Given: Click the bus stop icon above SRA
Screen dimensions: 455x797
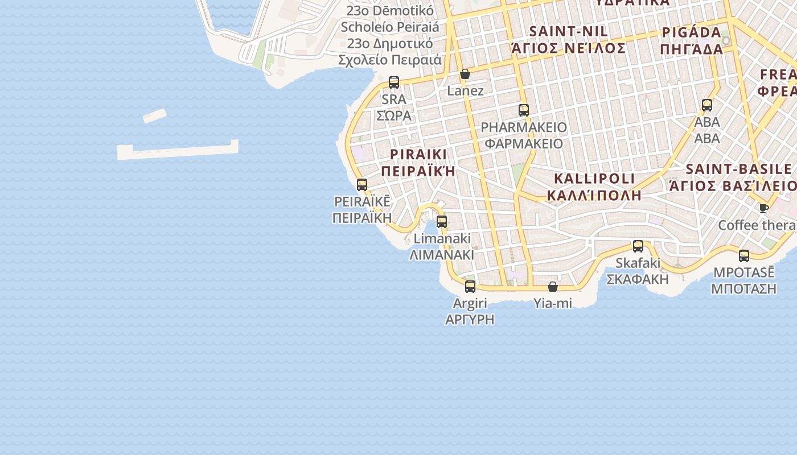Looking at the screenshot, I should tap(394, 82).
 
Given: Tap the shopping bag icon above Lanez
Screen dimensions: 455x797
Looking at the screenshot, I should tap(465, 74).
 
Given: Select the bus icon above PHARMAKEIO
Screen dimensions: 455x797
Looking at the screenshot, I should tap(524, 110).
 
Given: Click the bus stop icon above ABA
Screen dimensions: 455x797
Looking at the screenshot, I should tap(707, 105).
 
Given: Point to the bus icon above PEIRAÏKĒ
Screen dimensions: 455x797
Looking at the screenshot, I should tap(362, 185).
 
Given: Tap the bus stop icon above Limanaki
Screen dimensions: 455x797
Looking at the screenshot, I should tap(442, 222).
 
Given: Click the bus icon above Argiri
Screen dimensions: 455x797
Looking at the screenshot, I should tap(470, 287).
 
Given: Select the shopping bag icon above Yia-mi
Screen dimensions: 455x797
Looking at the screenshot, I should tap(553, 287).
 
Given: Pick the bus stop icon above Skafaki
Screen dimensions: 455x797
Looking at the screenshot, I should tap(638, 246).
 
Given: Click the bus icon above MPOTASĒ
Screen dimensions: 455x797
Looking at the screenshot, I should tap(744, 256).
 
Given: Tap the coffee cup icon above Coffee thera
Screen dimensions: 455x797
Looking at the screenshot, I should tap(763, 208).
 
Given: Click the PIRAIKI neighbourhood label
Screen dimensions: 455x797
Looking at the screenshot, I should tap(419, 154).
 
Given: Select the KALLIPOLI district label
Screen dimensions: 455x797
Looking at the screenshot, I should tap(594, 179).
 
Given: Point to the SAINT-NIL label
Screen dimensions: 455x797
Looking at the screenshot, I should tap(569, 31).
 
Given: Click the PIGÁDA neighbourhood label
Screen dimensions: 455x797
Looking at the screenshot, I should tap(692, 32).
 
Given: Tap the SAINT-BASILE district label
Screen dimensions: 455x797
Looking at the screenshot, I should tap(739, 169).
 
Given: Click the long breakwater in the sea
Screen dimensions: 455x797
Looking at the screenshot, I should tap(178, 150).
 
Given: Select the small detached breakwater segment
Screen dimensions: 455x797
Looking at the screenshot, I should tap(154, 116).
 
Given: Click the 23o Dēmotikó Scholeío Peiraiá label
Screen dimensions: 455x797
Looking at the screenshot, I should tap(390, 19).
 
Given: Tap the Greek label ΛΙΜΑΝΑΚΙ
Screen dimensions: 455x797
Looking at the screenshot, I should tap(442, 254).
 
